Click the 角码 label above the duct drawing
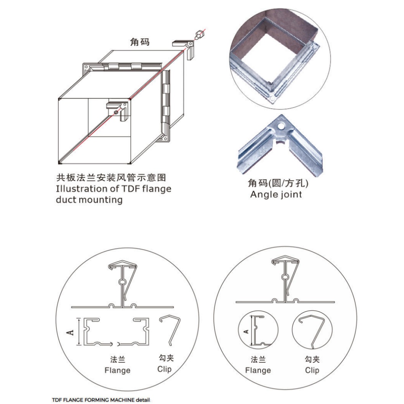pos(140,42)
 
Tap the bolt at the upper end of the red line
pos(198,35)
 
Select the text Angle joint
pos(276,194)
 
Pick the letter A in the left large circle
pos(70,332)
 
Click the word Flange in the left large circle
pos(118,370)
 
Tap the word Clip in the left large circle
pos(164,369)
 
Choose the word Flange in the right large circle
pos(258,370)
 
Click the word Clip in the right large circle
pos(312,370)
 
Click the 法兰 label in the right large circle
pos(258,359)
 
